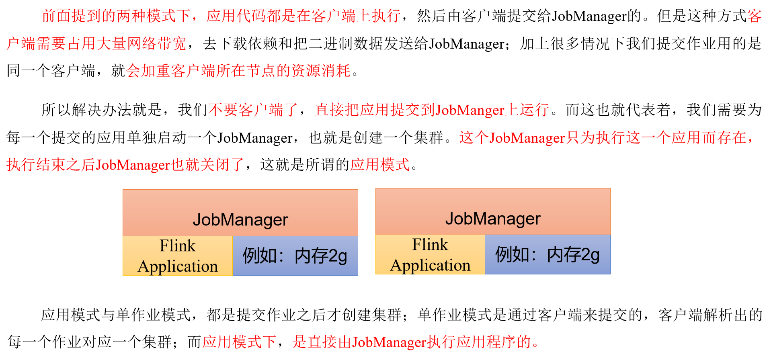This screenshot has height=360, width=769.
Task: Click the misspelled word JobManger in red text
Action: [x=470, y=110]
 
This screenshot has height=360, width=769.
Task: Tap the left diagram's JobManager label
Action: [x=240, y=220]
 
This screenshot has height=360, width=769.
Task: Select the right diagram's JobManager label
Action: [x=492, y=219]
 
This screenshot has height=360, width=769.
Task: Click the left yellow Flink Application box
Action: [x=178, y=256]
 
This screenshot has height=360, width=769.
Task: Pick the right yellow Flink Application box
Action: [x=430, y=255]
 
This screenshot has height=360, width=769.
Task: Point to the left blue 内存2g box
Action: [x=295, y=256]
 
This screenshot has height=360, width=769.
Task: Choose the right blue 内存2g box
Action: [x=548, y=255]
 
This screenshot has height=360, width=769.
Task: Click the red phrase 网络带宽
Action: [x=157, y=43]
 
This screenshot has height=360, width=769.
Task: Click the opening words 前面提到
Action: [x=72, y=16]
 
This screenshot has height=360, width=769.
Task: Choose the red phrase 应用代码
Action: [x=236, y=16]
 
